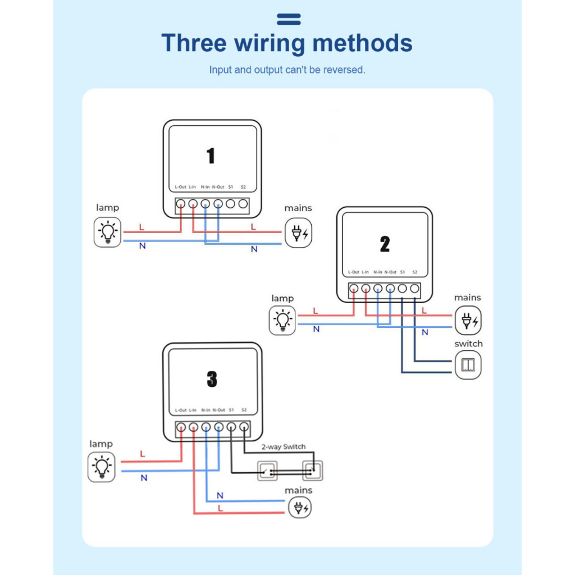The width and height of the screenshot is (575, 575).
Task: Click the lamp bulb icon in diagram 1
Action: [107, 232]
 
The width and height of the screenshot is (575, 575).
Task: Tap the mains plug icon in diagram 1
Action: [298, 232]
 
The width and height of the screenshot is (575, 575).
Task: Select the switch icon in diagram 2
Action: [468, 365]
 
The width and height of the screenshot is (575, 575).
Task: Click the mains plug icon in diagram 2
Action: [468, 321]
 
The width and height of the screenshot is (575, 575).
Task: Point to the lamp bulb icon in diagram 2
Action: [282, 321]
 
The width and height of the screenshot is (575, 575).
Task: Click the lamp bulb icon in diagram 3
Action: [102, 467]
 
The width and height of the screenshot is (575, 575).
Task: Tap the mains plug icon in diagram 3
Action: [299, 508]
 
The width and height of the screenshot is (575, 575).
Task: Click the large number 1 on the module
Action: [211, 156]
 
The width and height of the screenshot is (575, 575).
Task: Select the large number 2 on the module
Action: [385, 244]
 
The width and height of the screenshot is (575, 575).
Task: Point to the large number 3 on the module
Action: [212, 380]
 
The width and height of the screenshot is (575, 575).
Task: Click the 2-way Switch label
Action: [284, 447]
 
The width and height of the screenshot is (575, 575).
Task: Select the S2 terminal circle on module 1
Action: [243, 204]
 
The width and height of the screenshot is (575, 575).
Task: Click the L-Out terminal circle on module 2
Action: [354, 289]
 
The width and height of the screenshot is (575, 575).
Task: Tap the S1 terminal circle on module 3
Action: [231, 427]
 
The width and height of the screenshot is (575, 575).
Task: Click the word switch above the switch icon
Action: [468, 344]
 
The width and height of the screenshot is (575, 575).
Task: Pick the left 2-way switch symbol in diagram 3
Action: [268, 471]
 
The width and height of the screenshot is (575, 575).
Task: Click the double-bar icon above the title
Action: [289, 20]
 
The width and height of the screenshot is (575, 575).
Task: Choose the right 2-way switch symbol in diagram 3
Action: [312, 470]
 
